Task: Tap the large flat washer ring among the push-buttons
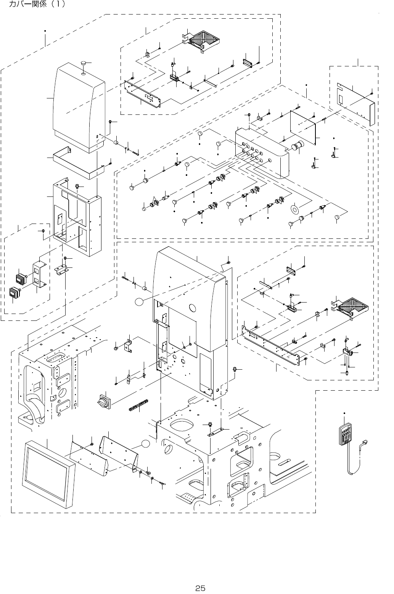[x=294, y=209]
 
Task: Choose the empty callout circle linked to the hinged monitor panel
[x=145, y=444]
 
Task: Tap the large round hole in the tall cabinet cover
[x=193, y=307]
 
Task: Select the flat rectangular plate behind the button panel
[x=303, y=127]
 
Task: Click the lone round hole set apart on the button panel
[x=270, y=160]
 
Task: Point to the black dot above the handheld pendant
[x=344, y=413]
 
